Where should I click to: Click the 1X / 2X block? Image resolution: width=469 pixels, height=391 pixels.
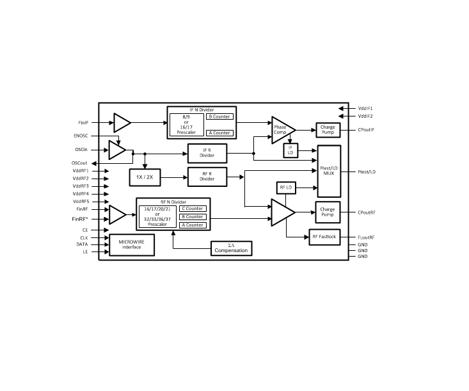pyautogui.click(x=145, y=177)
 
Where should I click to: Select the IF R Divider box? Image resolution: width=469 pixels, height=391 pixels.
pyautogui.click(x=207, y=153)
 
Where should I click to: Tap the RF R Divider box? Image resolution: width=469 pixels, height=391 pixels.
pyautogui.click(x=207, y=177)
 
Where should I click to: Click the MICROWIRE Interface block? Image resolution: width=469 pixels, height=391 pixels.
pyautogui.click(x=132, y=244)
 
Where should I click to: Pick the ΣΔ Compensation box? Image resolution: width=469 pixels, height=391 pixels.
pyautogui.click(x=231, y=248)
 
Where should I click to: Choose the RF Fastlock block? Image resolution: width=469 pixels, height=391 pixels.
pyautogui.click(x=324, y=237)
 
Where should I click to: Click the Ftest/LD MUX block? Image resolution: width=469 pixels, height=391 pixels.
pyautogui.click(x=329, y=171)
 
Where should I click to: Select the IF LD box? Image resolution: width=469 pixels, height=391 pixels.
pyautogui.click(x=290, y=150)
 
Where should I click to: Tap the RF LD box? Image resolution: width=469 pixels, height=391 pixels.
pyautogui.click(x=286, y=188)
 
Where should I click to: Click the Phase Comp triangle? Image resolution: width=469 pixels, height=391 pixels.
pyautogui.click(x=281, y=130)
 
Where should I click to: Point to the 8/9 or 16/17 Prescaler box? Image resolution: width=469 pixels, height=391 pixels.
pyautogui.click(x=187, y=125)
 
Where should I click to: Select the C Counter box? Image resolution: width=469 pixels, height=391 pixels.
pyautogui.click(x=193, y=209)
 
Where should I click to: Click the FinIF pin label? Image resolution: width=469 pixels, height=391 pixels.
pyautogui.click(x=83, y=123)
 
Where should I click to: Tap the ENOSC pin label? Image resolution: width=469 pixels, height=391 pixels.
pyautogui.click(x=81, y=136)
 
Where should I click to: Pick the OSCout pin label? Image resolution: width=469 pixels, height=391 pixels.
pyautogui.click(x=79, y=163)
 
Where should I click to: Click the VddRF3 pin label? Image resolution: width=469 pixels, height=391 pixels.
pyautogui.click(x=81, y=186)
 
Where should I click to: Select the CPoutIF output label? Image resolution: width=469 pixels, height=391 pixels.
pyautogui.click(x=366, y=130)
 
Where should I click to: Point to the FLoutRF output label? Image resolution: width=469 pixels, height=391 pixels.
pyautogui.click(x=366, y=237)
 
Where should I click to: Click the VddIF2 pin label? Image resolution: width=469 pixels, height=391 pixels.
pyautogui.click(x=365, y=116)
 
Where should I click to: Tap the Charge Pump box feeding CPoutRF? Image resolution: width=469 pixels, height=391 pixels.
pyautogui.click(x=328, y=212)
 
